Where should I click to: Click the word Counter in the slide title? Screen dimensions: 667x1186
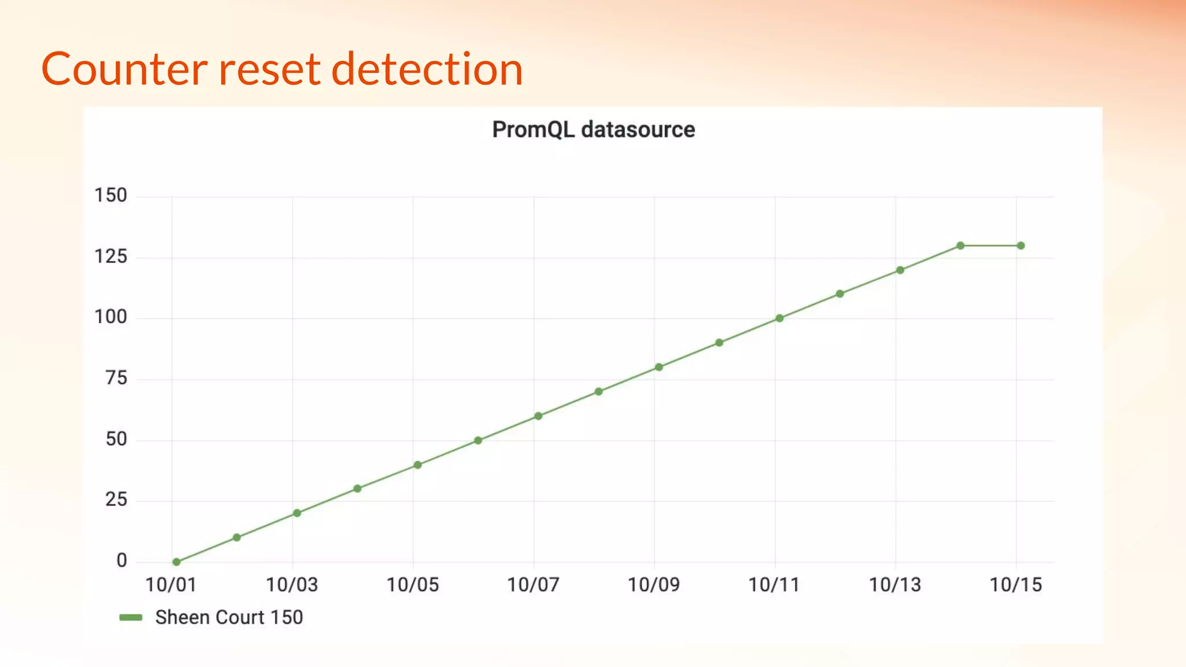[x=124, y=69]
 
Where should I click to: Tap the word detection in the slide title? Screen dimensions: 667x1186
[x=427, y=69]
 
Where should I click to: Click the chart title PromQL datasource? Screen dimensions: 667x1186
[x=593, y=130]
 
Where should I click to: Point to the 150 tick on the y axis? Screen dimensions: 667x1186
[x=111, y=195]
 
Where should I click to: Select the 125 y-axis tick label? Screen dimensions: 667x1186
[x=111, y=256]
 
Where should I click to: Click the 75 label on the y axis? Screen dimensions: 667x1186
[x=116, y=378]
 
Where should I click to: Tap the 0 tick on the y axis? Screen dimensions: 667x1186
[x=122, y=560]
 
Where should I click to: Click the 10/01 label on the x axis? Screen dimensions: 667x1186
[x=171, y=585]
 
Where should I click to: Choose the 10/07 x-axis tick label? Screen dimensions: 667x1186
[x=533, y=585]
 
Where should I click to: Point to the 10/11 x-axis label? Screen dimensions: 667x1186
[x=774, y=585]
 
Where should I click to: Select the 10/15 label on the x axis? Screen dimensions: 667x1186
[x=1016, y=585]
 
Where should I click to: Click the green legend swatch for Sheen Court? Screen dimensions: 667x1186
[x=131, y=617]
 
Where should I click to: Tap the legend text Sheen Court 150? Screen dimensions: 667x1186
[x=229, y=617]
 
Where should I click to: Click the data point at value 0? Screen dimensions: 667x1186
[x=177, y=562]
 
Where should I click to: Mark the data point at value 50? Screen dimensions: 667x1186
[x=478, y=441]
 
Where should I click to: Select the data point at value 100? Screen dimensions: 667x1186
[x=779, y=318]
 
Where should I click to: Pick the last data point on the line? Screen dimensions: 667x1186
[x=1020, y=245]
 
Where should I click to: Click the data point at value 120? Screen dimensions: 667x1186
[x=900, y=270]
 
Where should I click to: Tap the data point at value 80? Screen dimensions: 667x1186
[x=659, y=367]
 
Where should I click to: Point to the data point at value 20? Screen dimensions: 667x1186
[x=297, y=513]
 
